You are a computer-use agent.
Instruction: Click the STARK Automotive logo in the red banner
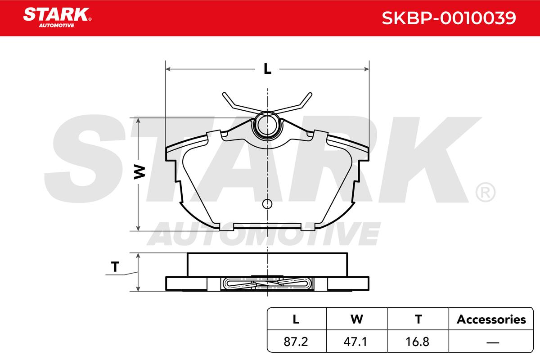(x=57, y=18)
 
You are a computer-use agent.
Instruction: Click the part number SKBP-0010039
(x=449, y=18)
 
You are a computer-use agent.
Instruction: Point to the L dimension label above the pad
(x=267, y=69)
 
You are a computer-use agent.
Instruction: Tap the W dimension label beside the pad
(x=139, y=172)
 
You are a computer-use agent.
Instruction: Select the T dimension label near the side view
(x=115, y=267)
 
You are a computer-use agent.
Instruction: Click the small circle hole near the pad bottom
(x=267, y=204)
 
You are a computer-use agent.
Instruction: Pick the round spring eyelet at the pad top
(x=267, y=126)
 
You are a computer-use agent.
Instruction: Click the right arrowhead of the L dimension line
(x=366, y=69)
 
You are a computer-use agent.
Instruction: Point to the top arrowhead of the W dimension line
(x=138, y=121)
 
